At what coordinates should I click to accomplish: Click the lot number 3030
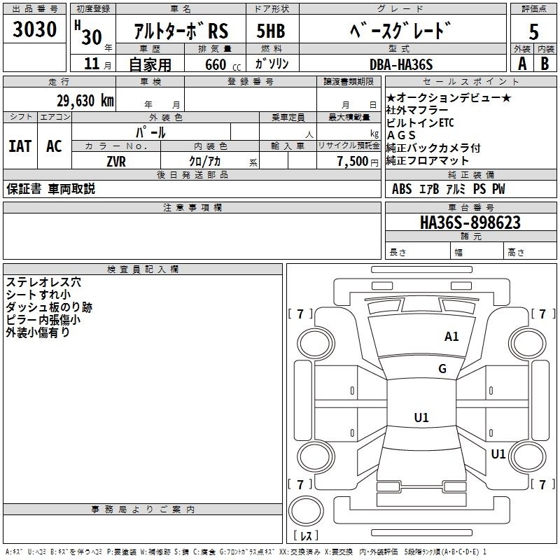[x=34, y=29]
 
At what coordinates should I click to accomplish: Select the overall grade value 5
[x=533, y=31]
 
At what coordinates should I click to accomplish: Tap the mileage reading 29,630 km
[x=85, y=101]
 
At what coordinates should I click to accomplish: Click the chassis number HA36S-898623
[x=470, y=222]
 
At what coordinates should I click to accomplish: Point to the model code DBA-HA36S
[x=401, y=64]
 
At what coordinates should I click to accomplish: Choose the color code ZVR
[x=116, y=162]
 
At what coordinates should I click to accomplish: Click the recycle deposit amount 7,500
[x=353, y=161]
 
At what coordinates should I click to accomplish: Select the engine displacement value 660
[x=216, y=64]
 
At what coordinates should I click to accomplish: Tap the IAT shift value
[x=20, y=146]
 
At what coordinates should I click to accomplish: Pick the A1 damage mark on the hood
[x=451, y=337]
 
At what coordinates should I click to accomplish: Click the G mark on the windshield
[x=442, y=369]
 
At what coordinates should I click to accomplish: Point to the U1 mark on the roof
[x=421, y=417]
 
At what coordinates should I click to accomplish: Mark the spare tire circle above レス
[x=306, y=511]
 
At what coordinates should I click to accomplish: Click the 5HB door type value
[x=271, y=31]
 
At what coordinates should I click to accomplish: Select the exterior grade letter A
[x=522, y=64]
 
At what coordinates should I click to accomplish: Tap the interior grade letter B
[x=545, y=64]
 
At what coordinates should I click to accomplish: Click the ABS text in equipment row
[x=402, y=189]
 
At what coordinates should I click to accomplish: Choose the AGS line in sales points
[x=401, y=135]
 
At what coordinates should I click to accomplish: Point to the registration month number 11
[x=92, y=64]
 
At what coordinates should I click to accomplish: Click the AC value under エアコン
[x=54, y=146]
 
